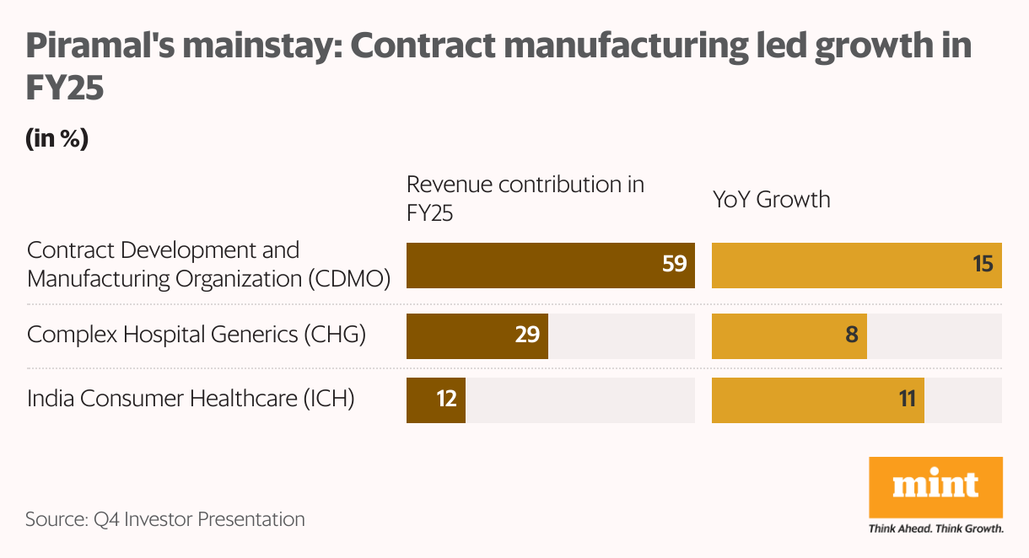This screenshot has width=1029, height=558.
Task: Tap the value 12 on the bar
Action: coord(445,400)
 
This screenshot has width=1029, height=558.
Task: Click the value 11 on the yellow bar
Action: coord(907,400)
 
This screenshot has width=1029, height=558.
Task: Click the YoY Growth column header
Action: coord(771,200)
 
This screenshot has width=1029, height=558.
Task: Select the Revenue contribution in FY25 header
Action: coord(525,199)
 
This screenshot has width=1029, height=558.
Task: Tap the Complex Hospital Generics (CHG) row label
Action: coord(197,335)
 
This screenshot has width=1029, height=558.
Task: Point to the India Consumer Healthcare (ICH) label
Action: coord(191,398)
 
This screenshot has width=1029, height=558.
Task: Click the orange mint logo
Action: coord(935,486)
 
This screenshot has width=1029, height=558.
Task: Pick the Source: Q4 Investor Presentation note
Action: coord(165,519)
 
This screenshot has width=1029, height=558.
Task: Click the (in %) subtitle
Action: coord(57,139)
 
